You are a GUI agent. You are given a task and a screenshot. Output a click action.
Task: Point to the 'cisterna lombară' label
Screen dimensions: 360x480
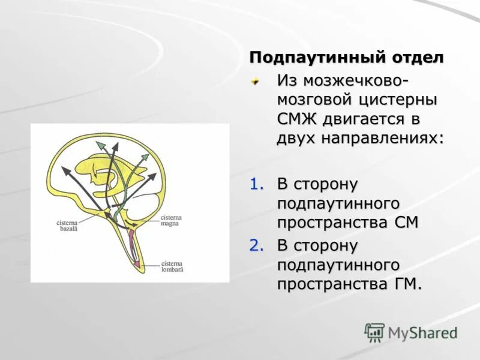[x=172, y=266]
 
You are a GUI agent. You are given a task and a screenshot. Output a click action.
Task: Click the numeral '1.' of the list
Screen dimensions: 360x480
[x=257, y=184]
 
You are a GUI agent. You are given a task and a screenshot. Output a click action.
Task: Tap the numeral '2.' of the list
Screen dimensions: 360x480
[x=257, y=245]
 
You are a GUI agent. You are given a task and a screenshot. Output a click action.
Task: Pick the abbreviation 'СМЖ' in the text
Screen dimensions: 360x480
[x=297, y=119]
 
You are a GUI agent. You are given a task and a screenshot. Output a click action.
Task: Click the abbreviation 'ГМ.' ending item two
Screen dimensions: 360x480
[x=407, y=283]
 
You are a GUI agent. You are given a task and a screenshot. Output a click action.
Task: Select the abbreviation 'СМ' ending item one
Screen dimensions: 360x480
[x=406, y=222]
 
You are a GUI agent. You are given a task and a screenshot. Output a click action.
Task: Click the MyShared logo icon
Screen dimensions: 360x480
[x=374, y=332]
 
